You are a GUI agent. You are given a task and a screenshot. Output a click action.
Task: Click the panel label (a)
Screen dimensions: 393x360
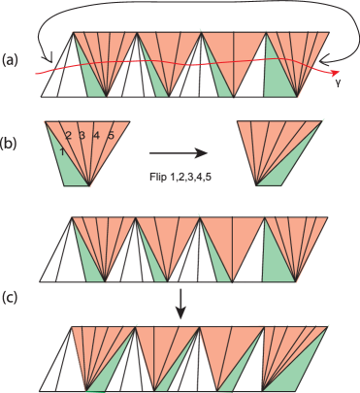[10, 59]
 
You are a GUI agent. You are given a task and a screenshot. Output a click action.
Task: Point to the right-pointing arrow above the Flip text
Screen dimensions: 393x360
[180, 152]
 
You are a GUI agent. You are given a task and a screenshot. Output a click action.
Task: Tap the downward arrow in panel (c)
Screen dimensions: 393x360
[180, 309]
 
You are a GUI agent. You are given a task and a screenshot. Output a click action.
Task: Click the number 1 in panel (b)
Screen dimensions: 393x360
[61, 151]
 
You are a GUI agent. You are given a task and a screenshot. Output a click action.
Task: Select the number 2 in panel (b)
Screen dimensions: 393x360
[69, 136]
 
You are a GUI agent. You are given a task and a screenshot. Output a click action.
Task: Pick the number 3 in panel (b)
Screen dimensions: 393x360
[83, 136]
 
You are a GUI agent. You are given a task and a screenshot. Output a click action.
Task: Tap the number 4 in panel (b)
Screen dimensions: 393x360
[98, 136]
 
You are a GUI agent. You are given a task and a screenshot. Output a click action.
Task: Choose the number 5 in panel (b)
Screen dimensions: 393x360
[111, 136]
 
